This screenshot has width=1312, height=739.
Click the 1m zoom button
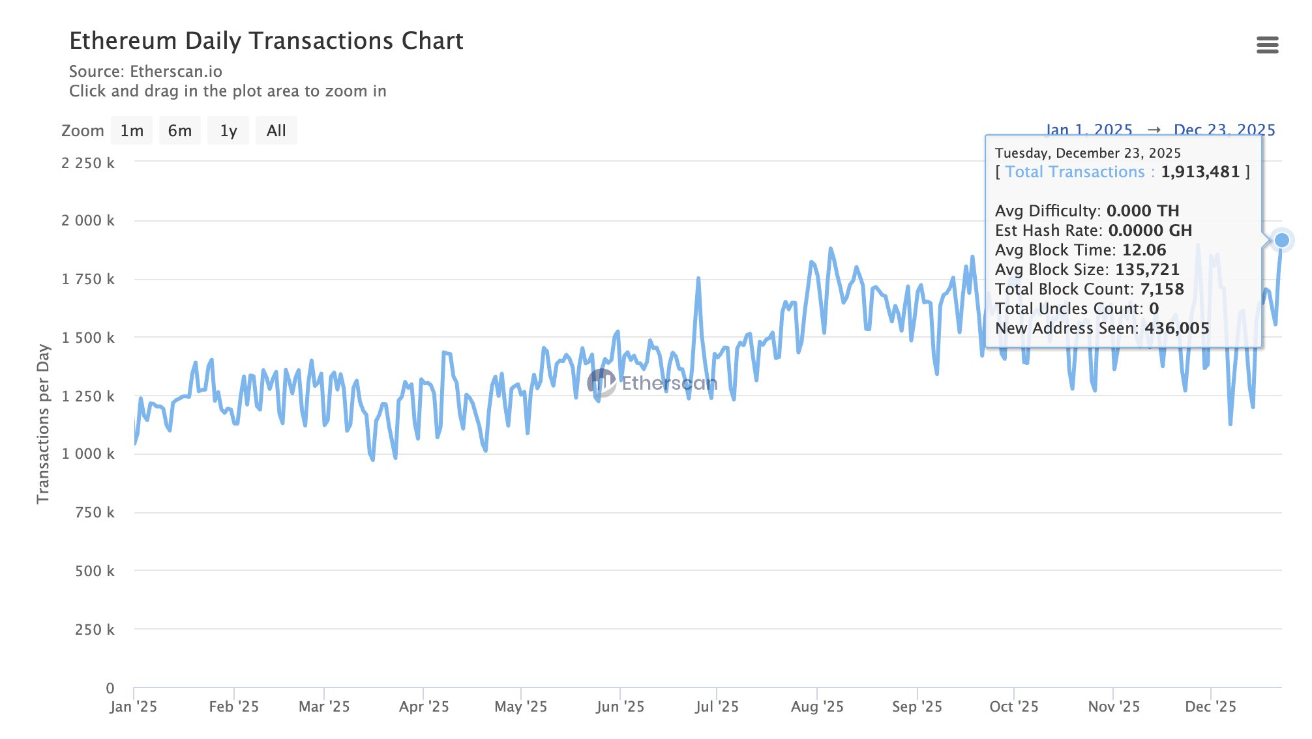[132, 131]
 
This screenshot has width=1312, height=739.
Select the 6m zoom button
[180, 131]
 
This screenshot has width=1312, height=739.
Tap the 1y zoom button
[228, 131]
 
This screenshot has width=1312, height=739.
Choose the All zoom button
[276, 131]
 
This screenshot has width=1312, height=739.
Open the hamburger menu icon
[1267, 45]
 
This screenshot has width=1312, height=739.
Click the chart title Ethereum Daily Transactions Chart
[266, 41]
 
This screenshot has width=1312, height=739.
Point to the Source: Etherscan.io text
[145, 72]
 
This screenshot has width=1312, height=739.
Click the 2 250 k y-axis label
[88, 163]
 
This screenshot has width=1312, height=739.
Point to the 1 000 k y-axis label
[88, 454]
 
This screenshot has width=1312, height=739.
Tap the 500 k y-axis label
[95, 572]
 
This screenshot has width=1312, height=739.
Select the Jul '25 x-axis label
[717, 707]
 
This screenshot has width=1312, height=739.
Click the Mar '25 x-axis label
[324, 707]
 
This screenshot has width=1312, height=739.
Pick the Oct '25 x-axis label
[1014, 707]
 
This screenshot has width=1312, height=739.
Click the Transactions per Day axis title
[43, 424]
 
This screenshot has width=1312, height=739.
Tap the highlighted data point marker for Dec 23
[1282, 240]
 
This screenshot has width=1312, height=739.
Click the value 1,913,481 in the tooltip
[1200, 172]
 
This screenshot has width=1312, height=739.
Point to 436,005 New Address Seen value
[1177, 328]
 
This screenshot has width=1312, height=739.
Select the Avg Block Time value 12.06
[1144, 250]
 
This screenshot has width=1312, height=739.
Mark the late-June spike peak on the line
[698, 279]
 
